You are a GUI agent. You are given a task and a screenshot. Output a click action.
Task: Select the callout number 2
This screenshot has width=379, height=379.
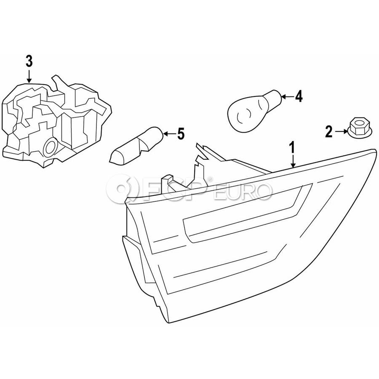pyautogui.click(x=329, y=132)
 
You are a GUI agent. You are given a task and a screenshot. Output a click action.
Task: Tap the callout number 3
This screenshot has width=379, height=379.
pyautogui.click(x=29, y=61)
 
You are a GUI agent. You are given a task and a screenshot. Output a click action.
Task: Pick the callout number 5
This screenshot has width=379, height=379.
pyautogui.click(x=180, y=134)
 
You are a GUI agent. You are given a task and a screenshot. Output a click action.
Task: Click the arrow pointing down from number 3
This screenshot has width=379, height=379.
pyautogui.click(x=29, y=76)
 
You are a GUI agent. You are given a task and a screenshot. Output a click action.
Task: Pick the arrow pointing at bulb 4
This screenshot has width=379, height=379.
pyautogui.click(x=286, y=97)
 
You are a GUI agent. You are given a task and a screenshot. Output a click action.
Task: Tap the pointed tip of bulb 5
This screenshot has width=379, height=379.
pyautogui.click(x=112, y=159)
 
